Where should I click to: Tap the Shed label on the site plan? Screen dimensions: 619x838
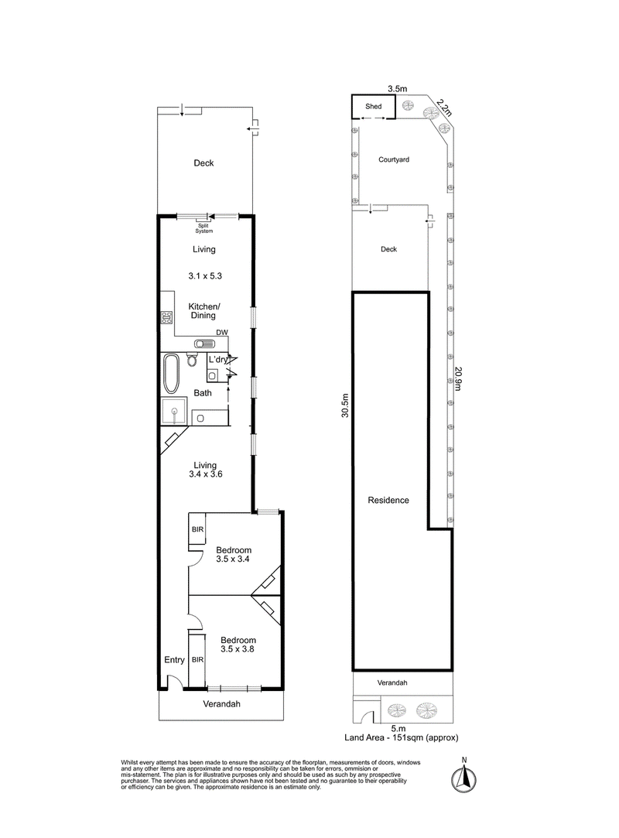click(x=373, y=106)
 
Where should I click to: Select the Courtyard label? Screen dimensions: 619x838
click(x=393, y=159)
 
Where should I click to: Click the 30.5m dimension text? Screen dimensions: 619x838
click(x=345, y=405)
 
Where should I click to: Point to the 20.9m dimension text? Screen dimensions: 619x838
click(x=458, y=378)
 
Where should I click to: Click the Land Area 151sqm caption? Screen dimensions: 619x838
click(x=401, y=737)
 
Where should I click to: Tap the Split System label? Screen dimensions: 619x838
click(x=203, y=228)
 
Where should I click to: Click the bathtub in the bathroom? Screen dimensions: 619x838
click(x=172, y=372)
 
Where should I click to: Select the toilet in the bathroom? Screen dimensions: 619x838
click(x=192, y=360)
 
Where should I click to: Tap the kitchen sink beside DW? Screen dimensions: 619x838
click(x=203, y=344)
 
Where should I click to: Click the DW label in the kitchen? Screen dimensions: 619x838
click(x=222, y=333)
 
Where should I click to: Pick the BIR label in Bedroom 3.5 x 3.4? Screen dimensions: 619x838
click(x=197, y=529)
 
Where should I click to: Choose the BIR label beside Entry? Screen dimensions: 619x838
click(x=197, y=659)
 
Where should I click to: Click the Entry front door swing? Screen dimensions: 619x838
click(x=175, y=682)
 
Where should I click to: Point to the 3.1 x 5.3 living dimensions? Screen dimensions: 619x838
click(x=205, y=275)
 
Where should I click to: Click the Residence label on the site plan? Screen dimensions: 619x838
click(x=388, y=500)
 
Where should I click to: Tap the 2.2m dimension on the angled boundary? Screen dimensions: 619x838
click(x=443, y=107)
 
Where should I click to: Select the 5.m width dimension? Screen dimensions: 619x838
click(x=398, y=728)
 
